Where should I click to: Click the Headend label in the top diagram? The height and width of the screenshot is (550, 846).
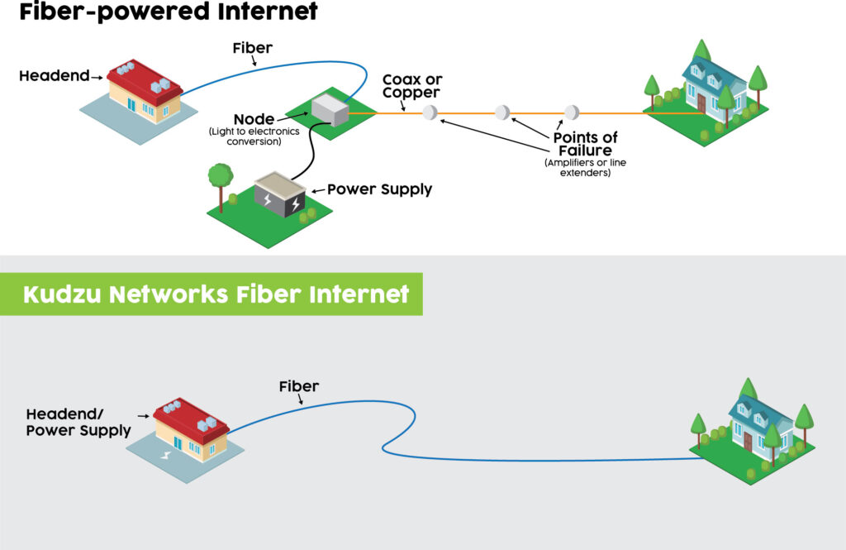(x=54, y=76)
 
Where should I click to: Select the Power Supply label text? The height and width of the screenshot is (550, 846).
(x=379, y=189)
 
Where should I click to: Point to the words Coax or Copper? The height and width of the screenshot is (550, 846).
(x=411, y=87)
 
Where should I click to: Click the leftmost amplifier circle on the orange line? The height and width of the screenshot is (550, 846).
(x=429, y=113)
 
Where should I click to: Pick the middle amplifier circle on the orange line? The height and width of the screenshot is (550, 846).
(x=502, y=112)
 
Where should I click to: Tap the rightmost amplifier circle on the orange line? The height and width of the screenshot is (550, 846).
(x=571, y=112)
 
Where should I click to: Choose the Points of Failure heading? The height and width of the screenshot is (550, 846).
(x=585, y=144)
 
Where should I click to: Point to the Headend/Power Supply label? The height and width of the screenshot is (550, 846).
(x=78, y=422)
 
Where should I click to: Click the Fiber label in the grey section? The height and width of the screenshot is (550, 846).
(x=298, y=386)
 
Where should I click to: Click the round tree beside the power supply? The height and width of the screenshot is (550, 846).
(x=220, y=177)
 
